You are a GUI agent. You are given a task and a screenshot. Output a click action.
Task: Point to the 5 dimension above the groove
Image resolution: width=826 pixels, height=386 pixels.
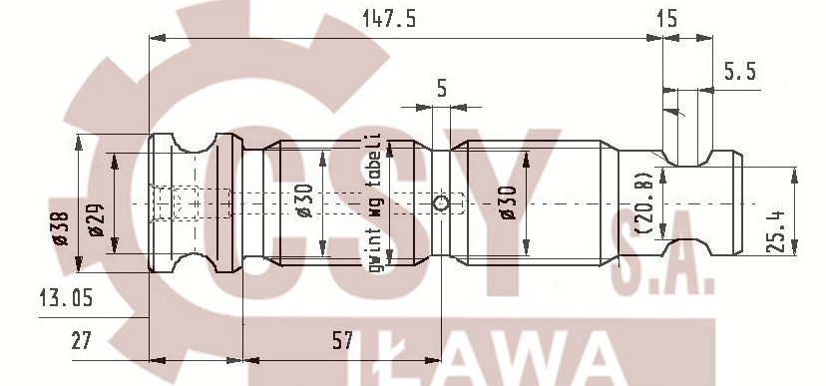tap(441, 88)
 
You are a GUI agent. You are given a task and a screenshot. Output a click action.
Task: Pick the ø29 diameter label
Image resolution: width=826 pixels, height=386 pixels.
tap(96, 219)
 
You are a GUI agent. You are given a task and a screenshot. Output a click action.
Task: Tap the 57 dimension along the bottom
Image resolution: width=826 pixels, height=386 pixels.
tap(341, 341)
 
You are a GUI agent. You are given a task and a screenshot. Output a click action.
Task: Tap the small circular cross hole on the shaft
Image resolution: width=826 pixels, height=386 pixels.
tap(440, 204)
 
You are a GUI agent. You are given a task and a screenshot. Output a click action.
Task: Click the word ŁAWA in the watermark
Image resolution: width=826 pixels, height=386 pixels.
tap(499, 361)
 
